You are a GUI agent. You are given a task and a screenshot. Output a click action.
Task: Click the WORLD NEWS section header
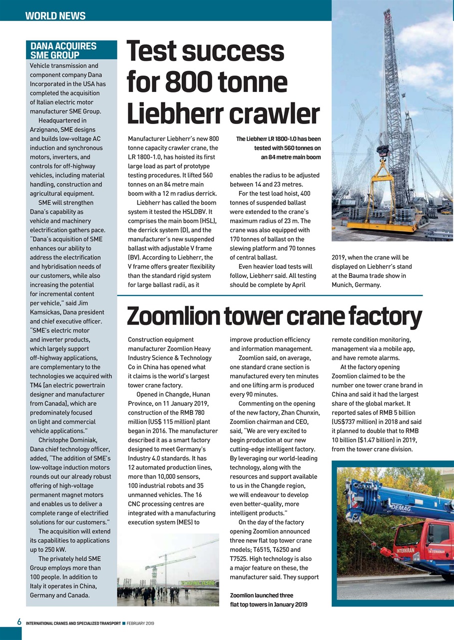55,15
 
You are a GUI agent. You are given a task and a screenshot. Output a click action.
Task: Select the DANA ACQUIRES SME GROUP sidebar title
63,50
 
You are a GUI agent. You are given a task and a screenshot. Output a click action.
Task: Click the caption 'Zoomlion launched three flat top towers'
269,600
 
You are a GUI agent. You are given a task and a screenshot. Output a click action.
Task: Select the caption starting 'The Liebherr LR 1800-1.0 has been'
278,148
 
